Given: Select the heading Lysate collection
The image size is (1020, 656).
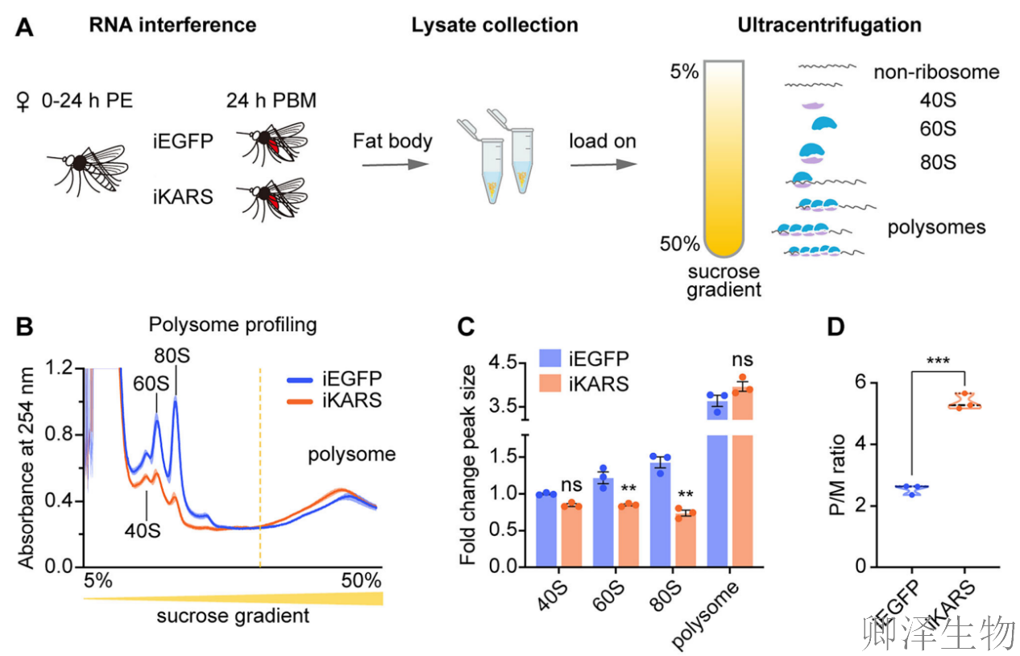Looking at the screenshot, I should coord(494,25).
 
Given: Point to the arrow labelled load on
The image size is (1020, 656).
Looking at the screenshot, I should coord(602,164).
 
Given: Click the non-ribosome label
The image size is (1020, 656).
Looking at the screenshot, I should coord(935,73).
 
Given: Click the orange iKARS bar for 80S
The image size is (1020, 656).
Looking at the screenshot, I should coord(685,540).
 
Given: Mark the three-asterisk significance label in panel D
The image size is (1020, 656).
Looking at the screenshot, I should coord(937,360).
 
